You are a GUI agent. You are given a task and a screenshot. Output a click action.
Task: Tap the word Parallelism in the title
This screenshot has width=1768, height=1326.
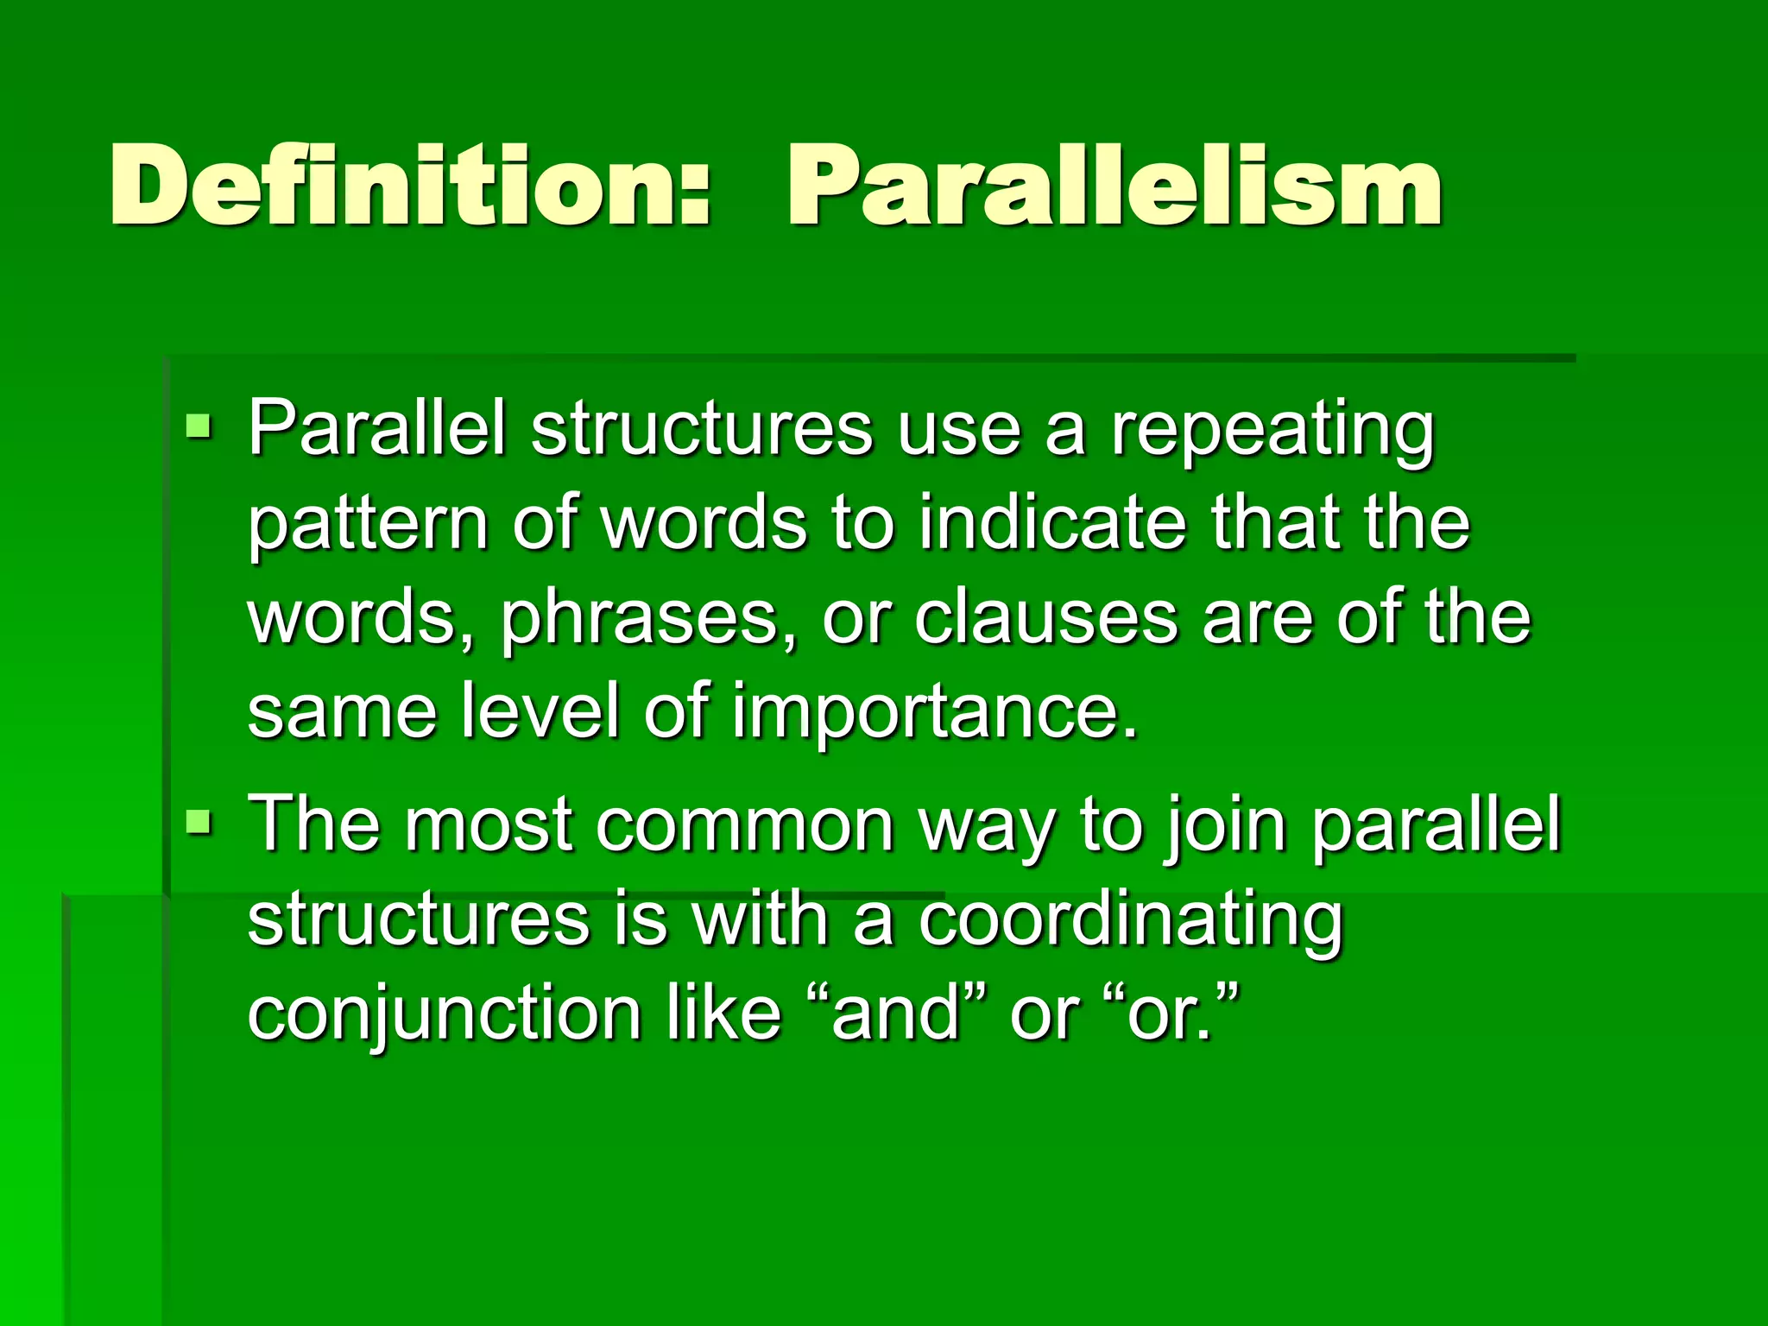(1114, 186)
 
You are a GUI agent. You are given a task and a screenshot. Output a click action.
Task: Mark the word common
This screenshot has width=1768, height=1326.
(744, 825)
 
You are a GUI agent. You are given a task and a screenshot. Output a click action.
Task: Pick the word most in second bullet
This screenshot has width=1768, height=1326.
(489, 825)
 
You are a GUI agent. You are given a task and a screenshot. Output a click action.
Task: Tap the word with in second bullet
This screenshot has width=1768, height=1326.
(761, 919)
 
